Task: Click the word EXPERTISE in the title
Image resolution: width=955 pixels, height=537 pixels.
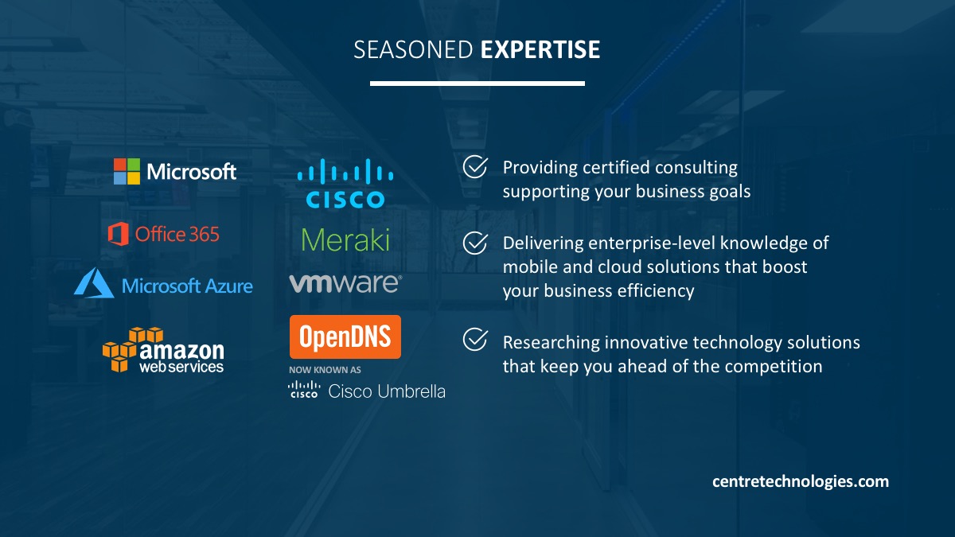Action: [x=540, y=49]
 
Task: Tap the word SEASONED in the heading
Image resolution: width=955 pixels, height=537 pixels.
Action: [x=413, y=49]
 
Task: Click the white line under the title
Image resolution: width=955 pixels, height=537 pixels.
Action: [x=477, y=84]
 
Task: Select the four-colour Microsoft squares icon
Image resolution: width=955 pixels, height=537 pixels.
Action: [x=127, y=171]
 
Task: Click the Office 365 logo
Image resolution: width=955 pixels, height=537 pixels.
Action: [x=164, y=234]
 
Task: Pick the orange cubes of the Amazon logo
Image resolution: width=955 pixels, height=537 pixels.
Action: [x=128, y=349]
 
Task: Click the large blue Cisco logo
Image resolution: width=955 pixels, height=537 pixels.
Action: [x=345, y=183]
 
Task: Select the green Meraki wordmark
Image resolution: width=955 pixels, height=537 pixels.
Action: [x=345, y=239]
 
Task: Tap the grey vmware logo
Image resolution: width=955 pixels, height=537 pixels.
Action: [x=345, y=283]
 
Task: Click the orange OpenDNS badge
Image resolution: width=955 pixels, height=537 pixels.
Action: [x=345, y=337]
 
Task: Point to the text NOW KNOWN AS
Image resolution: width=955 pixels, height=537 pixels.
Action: [x=325, y=370]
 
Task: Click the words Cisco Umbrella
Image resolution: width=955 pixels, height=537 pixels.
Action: [x=387, y=391]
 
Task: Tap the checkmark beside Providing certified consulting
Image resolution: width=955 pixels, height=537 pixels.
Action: [x=475, y=166]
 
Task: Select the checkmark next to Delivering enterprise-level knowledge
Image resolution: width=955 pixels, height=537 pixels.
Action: [x=475, y=243]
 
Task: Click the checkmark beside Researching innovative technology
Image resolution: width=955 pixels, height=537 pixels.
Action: [x=475, y=339]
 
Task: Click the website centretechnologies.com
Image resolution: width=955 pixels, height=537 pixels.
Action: [x=801, y=481]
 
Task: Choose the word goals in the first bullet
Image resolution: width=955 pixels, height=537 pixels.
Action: [x=730, y=192]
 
